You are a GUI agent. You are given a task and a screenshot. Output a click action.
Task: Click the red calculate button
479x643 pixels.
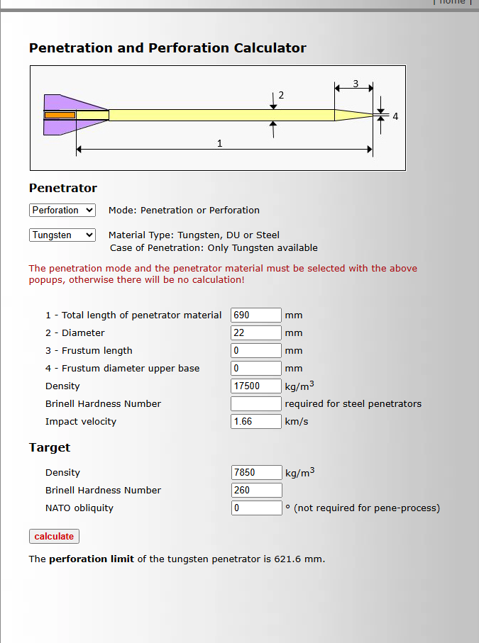click(54, 537)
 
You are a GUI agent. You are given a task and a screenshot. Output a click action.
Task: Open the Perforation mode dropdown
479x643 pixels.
click(62, 211)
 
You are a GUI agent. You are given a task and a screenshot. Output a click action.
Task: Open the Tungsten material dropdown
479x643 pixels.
click(62, 235)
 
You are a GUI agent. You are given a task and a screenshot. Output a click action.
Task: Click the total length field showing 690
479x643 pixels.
click(256, 315)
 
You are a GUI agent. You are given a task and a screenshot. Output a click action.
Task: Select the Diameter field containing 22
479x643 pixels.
click(256, 333)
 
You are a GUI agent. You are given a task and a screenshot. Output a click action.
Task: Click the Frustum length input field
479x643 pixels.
click(256, 351)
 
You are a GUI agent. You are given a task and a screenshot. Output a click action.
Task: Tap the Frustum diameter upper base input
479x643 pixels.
click(256, 369)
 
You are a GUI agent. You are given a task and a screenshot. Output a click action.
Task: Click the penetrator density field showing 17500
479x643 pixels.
click(256, 386)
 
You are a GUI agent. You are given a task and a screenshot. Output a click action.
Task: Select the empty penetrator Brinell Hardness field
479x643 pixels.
click(256, 404)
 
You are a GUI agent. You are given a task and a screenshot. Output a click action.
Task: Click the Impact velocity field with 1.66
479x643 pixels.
click(256, 422)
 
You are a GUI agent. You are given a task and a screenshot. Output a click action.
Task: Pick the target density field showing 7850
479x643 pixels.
click(256, 473)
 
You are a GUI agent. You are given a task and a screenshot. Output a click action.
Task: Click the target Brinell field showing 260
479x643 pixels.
click(256, 491)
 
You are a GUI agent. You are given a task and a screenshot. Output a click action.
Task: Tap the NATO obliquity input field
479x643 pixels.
click(256, 508)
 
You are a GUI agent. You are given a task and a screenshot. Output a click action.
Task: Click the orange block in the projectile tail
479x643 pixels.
click(60, 115)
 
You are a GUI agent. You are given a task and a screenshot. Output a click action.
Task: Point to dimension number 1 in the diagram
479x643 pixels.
click(220, 143)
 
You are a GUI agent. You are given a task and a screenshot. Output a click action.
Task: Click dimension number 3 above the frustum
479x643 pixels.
click(356, 83)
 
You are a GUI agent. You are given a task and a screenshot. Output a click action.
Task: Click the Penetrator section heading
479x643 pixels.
click(63, 189)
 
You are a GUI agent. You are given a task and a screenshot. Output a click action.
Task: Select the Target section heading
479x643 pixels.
click(50, 448)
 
